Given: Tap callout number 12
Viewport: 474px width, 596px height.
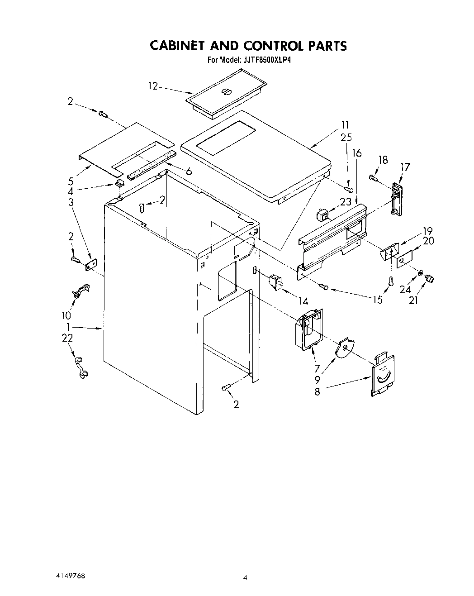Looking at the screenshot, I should (152, 86).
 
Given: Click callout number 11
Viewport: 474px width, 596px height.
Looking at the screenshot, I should (345, 125).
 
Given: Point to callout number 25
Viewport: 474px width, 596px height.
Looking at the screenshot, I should (346, 137).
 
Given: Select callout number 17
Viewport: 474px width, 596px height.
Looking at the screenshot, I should (405, 167).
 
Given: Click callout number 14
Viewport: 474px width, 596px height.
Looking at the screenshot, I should (303, 301).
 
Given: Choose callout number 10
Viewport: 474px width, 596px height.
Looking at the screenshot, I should (66, 315).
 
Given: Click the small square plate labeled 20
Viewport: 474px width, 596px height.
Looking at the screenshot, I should (404, 260).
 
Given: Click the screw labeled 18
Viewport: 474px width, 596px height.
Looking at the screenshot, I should (373, 177).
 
